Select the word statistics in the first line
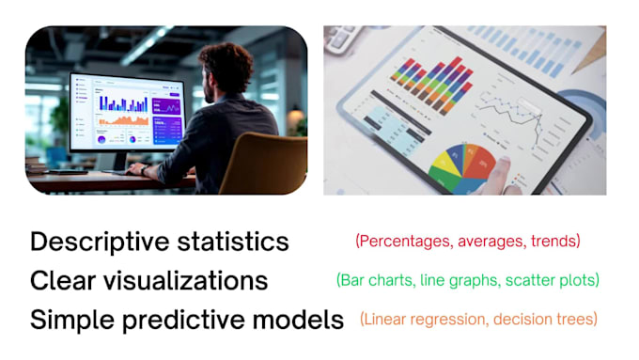(x=231, y=242)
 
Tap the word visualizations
(x=182, y=280)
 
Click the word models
(x=302, y=320)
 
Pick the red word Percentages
(x=404, y=242)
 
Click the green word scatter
(x=527, y=280)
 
